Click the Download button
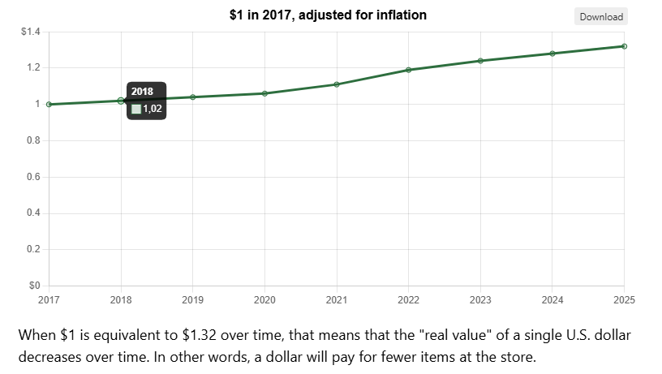click(x=601, y=17)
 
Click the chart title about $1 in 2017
click(x=328, y=15)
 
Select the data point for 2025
click(x=624, y=46)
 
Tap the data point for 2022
click(x=408, y=70)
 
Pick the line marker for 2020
click(x=264, y=93)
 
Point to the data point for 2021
click(x=337, y=84)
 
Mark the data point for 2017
click(x=49, y=104)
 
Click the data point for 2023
click(x=480, y=61)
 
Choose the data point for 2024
click(x=552, y=54)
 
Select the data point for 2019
click(x=193, y=97)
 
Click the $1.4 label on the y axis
click(x=31, y=32)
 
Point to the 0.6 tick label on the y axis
click(x=34, y=177)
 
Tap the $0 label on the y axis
click(x=35, y=286)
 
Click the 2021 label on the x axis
click(x=337, y=300)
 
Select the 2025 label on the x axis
click(x=623, y=300)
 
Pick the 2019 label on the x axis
click(x=193, y=300)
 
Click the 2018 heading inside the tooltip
click(x=142, y=92)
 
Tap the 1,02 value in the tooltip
click(x=153, y=109)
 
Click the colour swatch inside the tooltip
click(x=136, y=109)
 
